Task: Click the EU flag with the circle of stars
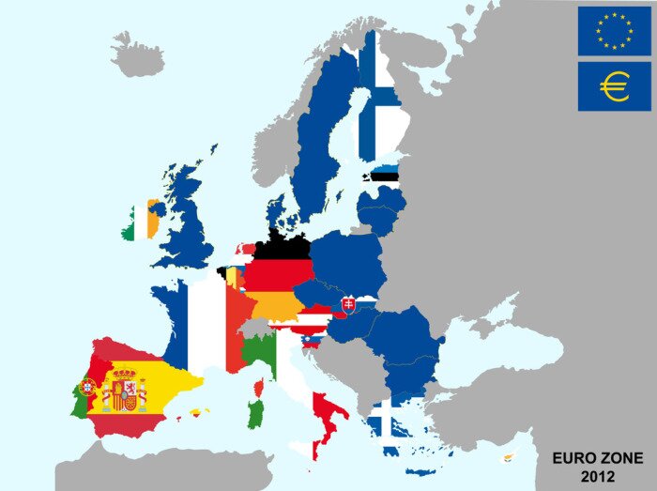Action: (615, 30)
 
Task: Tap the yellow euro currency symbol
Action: (615, 87)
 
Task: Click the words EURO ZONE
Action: (598, 458)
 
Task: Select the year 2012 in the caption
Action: (598, 476)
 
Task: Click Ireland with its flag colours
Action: (140, 222)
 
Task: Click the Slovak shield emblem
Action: (350, 304)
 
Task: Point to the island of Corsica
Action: (259, 387)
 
